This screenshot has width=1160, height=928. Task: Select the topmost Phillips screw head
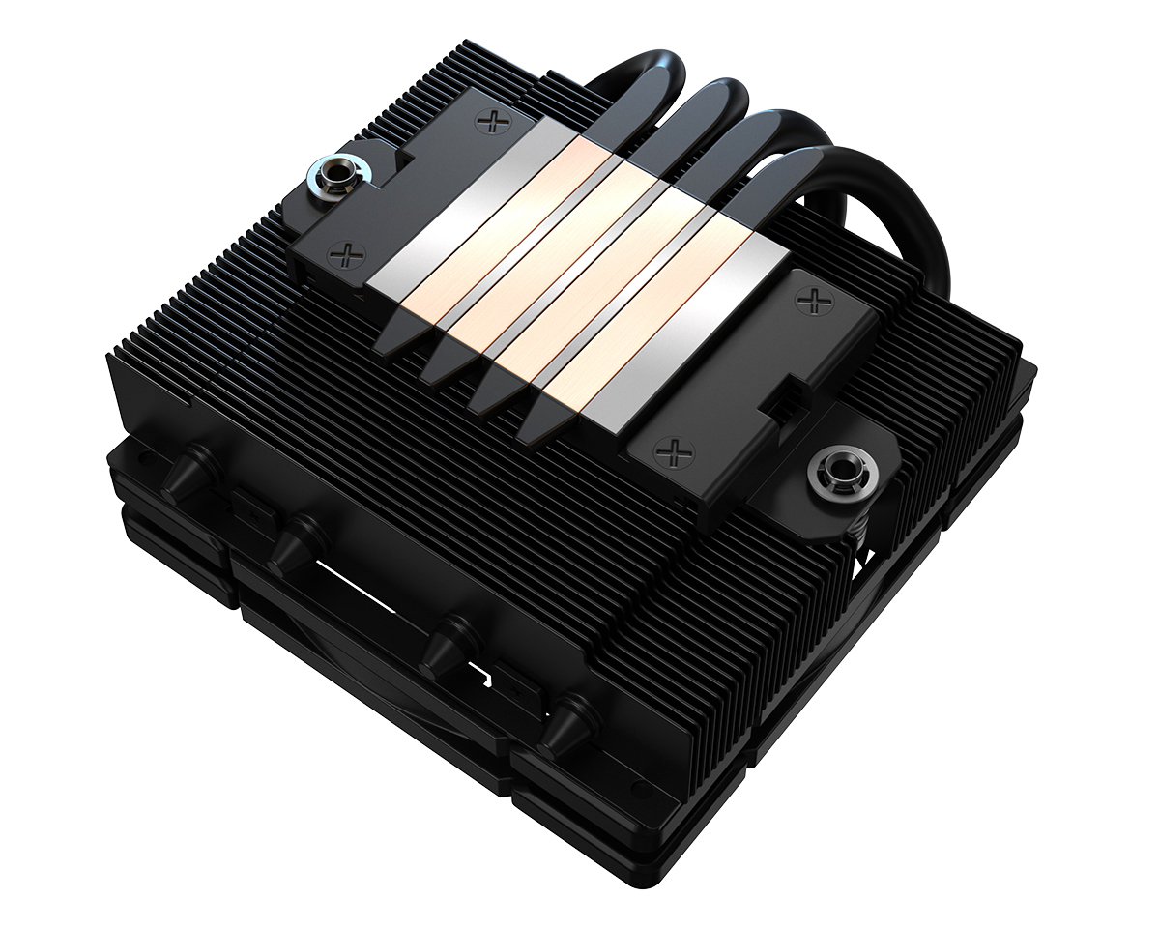tap(494, 121)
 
